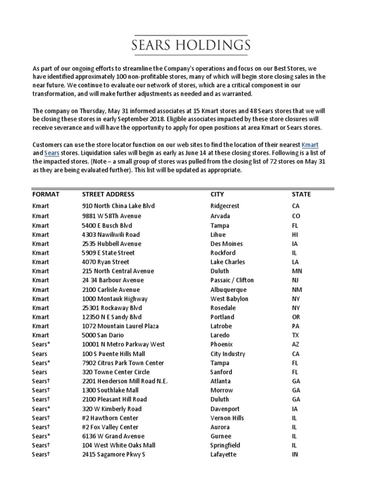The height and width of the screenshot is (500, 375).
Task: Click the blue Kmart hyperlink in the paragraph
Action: (311, 145)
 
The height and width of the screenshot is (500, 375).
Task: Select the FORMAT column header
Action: (45, 194)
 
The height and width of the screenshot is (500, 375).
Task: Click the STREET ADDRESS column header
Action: (108, 194)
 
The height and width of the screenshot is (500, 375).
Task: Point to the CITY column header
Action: (217, 194)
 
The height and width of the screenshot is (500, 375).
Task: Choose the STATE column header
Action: (301, 194)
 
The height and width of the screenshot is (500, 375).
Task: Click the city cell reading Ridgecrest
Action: (225, 206)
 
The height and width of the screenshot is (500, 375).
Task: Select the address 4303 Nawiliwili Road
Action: (111, 234)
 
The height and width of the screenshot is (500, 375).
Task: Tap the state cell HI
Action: (295, 234)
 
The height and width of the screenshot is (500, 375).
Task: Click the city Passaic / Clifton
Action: (232, 280)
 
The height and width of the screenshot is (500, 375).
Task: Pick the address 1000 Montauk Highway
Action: (115, 299)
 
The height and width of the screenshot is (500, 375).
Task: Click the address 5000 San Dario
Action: (103, 335)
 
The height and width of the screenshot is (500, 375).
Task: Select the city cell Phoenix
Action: (221, 344)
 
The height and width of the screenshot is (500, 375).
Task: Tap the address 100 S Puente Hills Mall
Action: (114, 354)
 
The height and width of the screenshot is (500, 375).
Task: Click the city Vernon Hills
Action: (227, 418)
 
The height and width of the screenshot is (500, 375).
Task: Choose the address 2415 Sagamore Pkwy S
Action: (114, 455)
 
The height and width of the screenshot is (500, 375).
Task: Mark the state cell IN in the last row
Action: (295, 455)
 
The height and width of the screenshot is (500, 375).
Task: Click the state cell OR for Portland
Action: (296, 317)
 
